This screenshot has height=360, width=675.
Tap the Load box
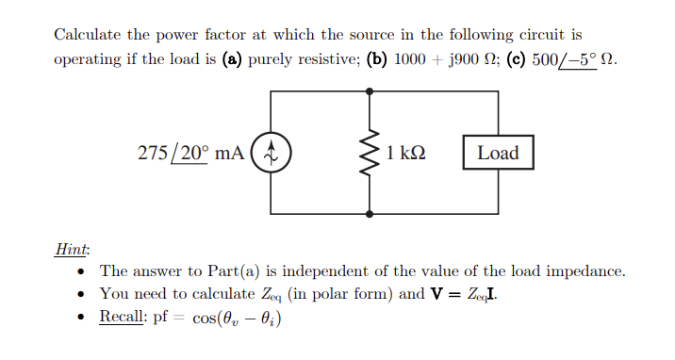click(498, 152)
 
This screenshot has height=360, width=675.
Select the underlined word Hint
click(72, 249)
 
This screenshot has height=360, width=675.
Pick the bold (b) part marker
click(377, 58)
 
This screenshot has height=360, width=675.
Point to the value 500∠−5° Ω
click(577, 58)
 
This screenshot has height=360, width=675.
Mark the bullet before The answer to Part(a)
click(85, 271)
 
